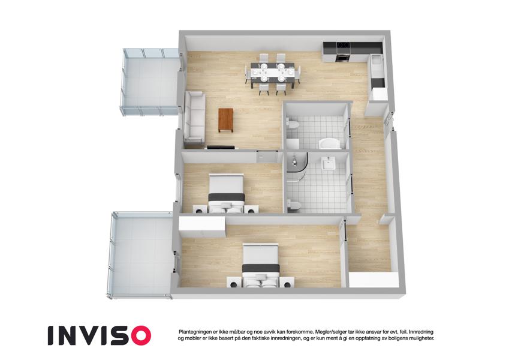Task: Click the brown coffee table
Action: (226, 120)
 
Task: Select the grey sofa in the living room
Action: (195, 118)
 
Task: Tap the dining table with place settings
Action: (272, 74)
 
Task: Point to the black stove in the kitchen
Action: (343, 52)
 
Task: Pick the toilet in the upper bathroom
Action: (293, 124)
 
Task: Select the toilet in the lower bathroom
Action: (293, 205)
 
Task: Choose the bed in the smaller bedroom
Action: (226, 194)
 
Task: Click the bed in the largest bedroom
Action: (261, 266)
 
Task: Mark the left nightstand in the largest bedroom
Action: (234, 282)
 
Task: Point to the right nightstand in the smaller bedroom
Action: (251, 209)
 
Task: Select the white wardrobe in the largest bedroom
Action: (202, 227)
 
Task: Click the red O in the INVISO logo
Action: (138, 335)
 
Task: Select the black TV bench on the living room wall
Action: (221, 147)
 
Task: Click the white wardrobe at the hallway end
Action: (374, 280)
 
